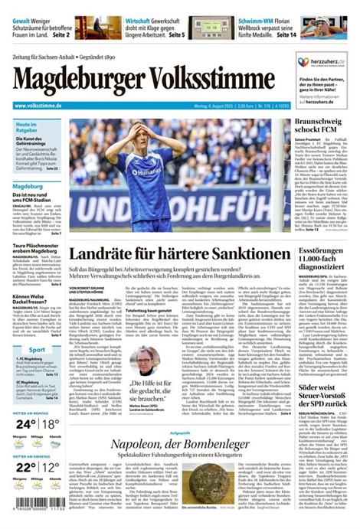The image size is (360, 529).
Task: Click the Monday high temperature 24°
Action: (x=24, y=423)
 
